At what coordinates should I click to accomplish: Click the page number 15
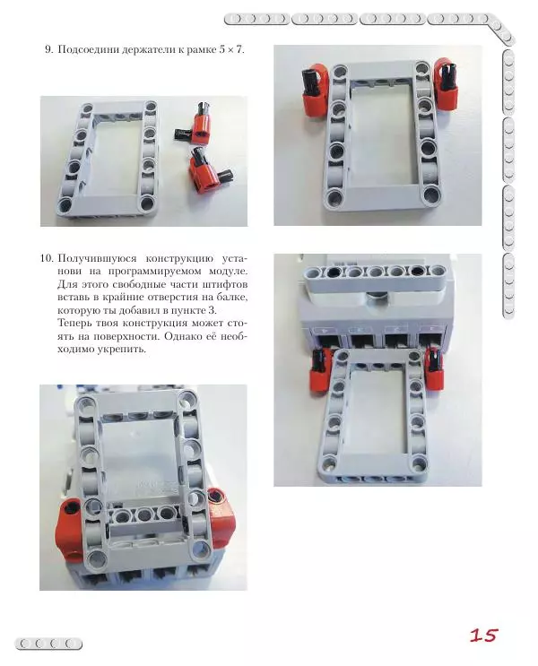(483, 636)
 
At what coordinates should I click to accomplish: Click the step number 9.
(48, 48)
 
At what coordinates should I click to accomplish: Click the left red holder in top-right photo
(316, 82)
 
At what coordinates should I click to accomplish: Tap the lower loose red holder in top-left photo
(207, 169)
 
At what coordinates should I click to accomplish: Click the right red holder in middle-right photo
(435, 368)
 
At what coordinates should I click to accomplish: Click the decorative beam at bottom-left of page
(49, 643)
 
